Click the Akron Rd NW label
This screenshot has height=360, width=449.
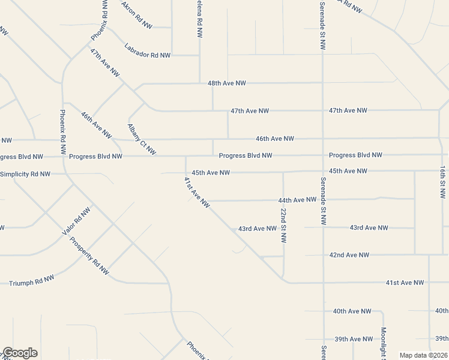[137, 14]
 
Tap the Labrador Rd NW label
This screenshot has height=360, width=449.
[148, 51]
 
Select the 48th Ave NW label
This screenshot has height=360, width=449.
[226, 83]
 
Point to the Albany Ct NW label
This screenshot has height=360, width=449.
[142, 139]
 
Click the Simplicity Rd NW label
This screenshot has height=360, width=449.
[25, 174]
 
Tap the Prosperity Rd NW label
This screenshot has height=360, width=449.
[89, 256]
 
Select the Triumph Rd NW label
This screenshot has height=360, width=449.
[31, 280]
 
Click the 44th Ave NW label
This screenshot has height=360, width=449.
[297, 200]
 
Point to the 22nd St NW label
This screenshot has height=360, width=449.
[283, 226]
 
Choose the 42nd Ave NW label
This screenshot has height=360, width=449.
[349, 255]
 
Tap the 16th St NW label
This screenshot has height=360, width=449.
[442, 182]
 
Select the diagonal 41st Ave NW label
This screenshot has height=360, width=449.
[197, 193]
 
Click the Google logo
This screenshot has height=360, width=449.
[19, 353]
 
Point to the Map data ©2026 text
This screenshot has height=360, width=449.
[423, 355]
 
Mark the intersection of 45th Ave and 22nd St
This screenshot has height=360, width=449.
[283, 172]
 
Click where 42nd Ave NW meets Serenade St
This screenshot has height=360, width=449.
[323, 255]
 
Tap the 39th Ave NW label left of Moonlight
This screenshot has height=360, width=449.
[352, 339]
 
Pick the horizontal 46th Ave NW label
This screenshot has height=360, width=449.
[275, 139]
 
